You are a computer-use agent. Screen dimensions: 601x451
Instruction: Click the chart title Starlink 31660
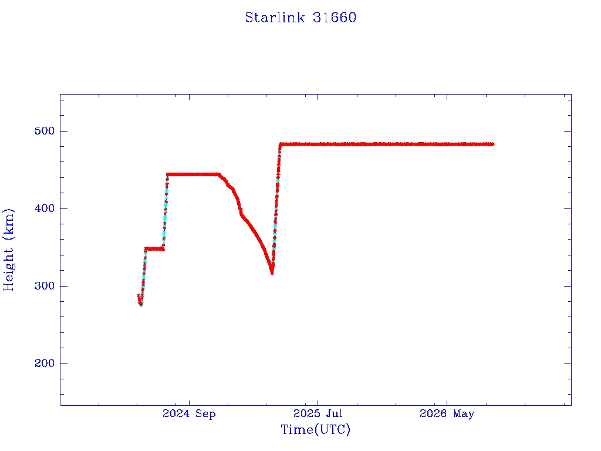coord(300,18)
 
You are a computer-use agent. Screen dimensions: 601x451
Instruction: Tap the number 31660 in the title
coord(334,18)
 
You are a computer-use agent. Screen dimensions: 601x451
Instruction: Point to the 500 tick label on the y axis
coord(45,131)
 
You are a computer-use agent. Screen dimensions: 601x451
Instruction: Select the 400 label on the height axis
coord(45,208)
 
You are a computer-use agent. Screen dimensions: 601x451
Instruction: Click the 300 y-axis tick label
coord(45,286)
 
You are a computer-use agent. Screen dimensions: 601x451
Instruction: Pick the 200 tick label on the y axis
coord(45,364)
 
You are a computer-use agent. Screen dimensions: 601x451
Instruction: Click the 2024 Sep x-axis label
coord(189,414)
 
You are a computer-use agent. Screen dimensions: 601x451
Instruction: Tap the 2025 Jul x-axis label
coord(318,413)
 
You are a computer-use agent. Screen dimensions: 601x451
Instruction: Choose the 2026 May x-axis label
coord(447,414)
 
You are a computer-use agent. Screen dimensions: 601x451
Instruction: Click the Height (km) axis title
coord(8,250)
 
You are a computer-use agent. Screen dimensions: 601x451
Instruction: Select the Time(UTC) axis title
coord(315,429)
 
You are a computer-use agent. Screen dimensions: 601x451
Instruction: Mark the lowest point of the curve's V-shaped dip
coord(272,273)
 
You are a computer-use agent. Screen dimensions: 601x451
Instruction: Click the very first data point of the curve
coord(139,295)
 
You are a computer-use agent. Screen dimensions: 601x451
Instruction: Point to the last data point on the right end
coord(492,144)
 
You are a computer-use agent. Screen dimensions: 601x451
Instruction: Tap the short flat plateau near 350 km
coord(154,249)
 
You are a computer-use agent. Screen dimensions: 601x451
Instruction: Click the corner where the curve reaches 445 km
coord(167,174)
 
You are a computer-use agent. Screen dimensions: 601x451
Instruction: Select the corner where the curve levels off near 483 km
coord(281,144)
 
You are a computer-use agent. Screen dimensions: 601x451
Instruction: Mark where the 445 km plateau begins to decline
coord(220,174)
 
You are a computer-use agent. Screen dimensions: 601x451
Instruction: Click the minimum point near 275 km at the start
coord(141,305)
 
